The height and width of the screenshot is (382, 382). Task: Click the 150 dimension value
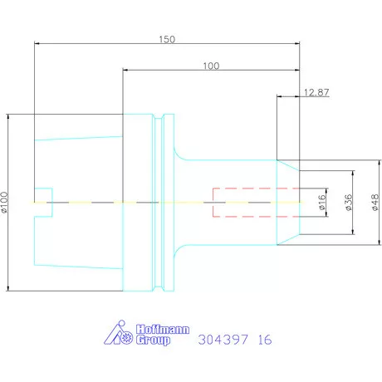coord(167,39)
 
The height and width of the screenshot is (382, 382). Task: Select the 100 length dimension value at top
coord(211,66)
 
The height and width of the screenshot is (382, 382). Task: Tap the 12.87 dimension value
coord(316,92)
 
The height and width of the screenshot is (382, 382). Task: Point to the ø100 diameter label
coord(4,202)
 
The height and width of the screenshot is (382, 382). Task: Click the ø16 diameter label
coord(321,202)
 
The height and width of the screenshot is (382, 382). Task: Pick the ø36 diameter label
coord(349,202)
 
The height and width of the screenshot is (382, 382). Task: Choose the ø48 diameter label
coord(375,202)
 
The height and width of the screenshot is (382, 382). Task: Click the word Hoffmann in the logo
coord(163,330)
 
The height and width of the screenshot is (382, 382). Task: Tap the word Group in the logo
coord(153,340)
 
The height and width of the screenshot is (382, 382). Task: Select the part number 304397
coord(223,340)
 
